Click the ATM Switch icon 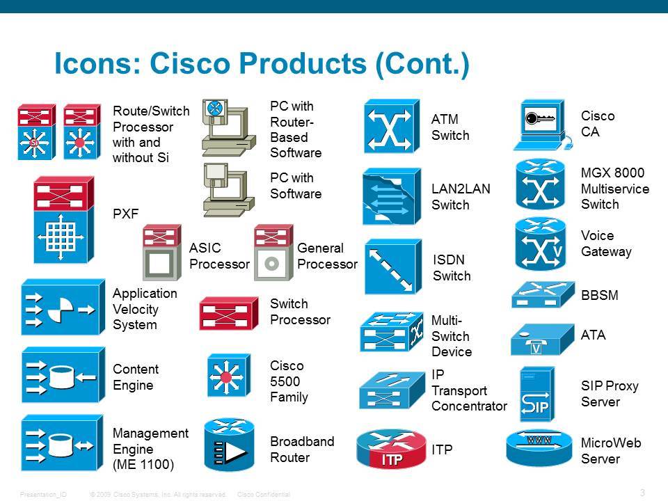click(x=392, y=126)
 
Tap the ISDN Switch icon click(x=392, y=267)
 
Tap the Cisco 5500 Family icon click(x=228, y=375)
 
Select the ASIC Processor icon click(x=162, y=253)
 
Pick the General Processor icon click(x=271, y=253)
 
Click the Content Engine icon click(x=63, y=376)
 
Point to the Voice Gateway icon click(x=540, y=244)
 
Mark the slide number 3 click(x=642, y=493)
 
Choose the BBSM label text click(x=600, y=296)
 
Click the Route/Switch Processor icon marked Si click(x=35, y=132)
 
